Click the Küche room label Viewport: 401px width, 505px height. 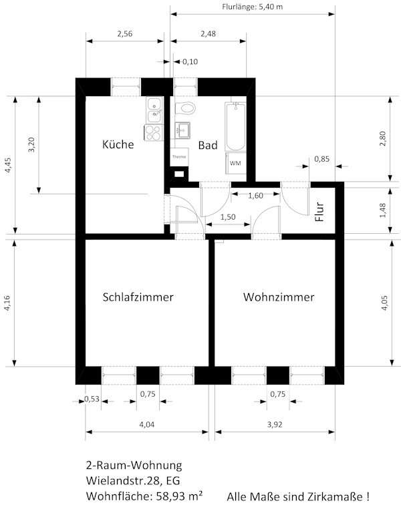click(x=118, y=144)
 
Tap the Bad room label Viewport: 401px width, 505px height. click(x=208, y=145)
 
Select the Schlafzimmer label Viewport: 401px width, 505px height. click(x=138, y=297)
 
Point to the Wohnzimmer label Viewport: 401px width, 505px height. click(x=279, y=297)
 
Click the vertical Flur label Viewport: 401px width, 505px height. click(x=319, y=212)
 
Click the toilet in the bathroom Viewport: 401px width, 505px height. click(x=185, y=108)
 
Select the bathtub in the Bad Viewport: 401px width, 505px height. click(x=235, y=126)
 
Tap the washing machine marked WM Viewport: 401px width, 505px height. click(x=236, y=163)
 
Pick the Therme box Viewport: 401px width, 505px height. click(x=179, y=157)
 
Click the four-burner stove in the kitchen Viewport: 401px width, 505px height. click(x=153, y=132)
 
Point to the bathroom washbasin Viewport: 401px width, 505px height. click(x=182, y=130)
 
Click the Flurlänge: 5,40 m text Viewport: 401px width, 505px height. click(x=253, y=7)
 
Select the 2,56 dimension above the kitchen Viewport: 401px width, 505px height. click(x=125, y=34)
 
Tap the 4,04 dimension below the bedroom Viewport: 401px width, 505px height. click(x=146, y=424)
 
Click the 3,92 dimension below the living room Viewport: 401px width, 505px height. click(x=275, y=424)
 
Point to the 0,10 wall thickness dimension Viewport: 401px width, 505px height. click(x=190, y=61)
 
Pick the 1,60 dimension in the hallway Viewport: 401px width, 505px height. click(x=255, y=196)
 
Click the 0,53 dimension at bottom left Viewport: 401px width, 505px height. click(x=92, y=399)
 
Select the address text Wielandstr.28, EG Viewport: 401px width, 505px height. click(x=133, y=480)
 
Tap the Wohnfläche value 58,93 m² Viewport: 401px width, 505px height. click(x=180, y=496)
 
